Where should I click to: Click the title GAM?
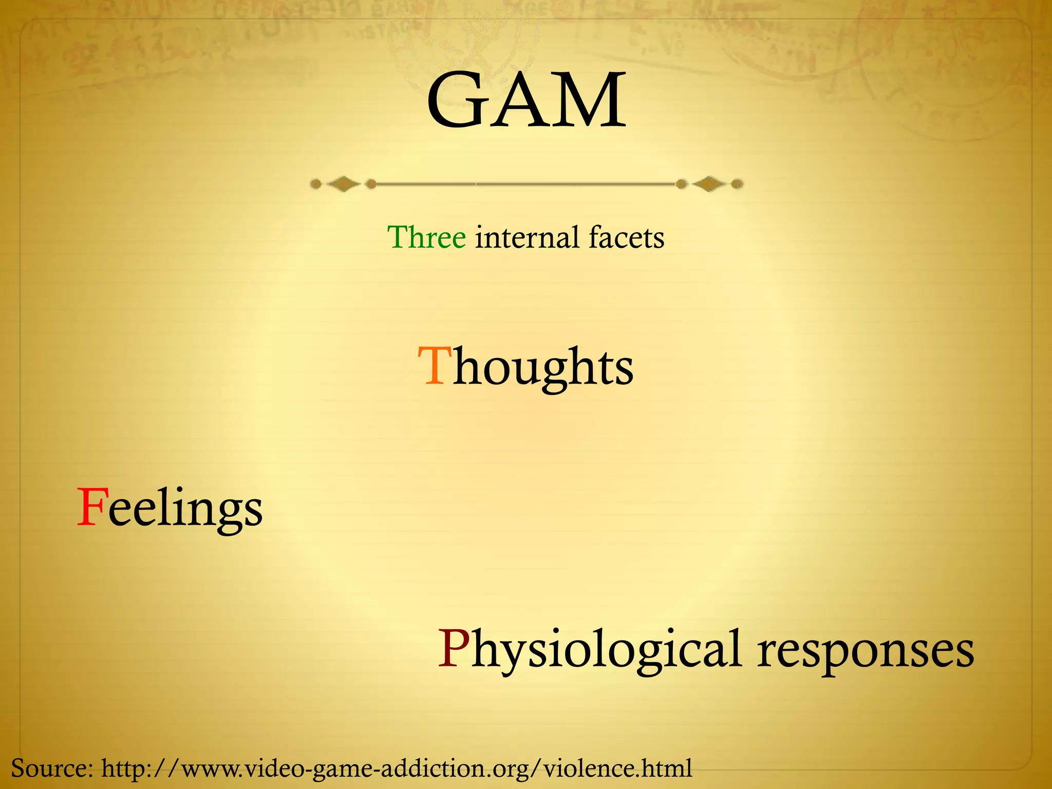[x=526, y=101]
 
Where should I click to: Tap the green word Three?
[x=426, y=237]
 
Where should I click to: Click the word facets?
[x=626, y=237]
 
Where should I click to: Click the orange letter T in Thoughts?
[x=434, y=366]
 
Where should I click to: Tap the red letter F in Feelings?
[x=91, y=508]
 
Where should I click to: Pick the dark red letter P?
[x=454, y=648]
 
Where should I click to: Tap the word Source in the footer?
[x=49, y=768]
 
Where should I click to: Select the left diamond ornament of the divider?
[x=343, y=184]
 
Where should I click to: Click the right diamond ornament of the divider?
[x=709, y=184]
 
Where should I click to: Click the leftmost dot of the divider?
[x=316, y=184]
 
